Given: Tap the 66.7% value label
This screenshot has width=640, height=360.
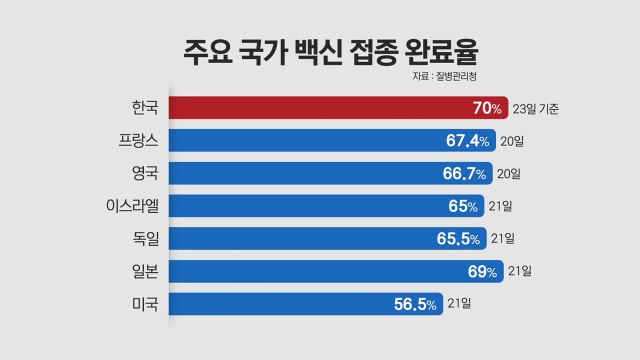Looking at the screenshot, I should [x=464, y=174].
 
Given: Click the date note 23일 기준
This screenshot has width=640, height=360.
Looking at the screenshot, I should [x=534, y=108].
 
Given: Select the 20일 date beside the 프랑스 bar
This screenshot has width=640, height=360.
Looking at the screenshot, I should [x=510, y=141].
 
